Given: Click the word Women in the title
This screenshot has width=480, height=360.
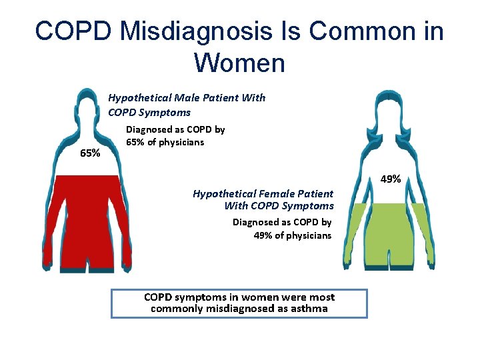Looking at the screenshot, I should pyautogui.click(x=239, y=63).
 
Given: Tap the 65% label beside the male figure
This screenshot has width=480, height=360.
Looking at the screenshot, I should pyautogui.click(x=90, y=153).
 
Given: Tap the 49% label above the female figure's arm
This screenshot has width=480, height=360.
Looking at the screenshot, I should pyautogui.click(x=390, y=179).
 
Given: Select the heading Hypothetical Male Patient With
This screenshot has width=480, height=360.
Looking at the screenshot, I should pyautogui.click(x=187, y=98).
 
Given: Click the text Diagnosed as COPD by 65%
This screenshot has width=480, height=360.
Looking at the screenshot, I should pyautogui.click(x=175, y=135).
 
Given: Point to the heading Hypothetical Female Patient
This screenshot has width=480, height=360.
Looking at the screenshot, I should pyautogui.click(x=263, y=193).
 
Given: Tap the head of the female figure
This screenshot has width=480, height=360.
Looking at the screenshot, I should pyautogui.click(x=389, y=107).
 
